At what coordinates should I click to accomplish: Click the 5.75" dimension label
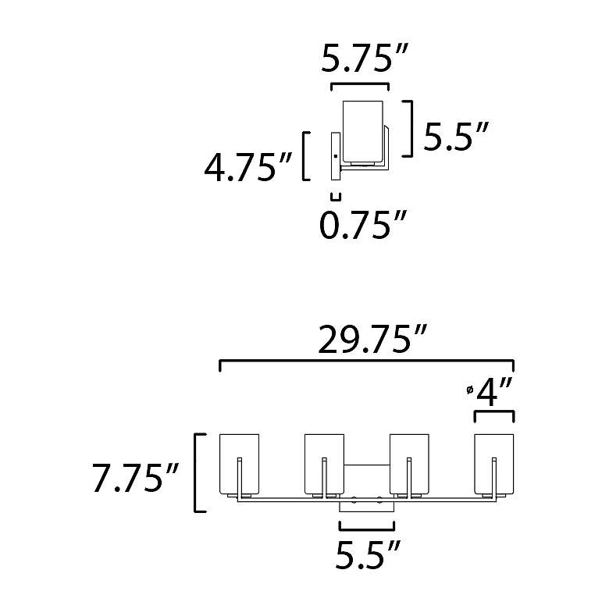click(364, 59)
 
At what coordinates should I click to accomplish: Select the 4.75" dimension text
click(248, 167)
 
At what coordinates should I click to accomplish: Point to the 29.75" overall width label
click(372, 340)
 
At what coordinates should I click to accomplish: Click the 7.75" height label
click(135, 477)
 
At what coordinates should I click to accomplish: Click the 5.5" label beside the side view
click(455, 136)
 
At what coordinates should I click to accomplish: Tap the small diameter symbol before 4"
click(470, 390)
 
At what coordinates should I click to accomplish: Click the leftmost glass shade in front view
click(239, 464)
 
